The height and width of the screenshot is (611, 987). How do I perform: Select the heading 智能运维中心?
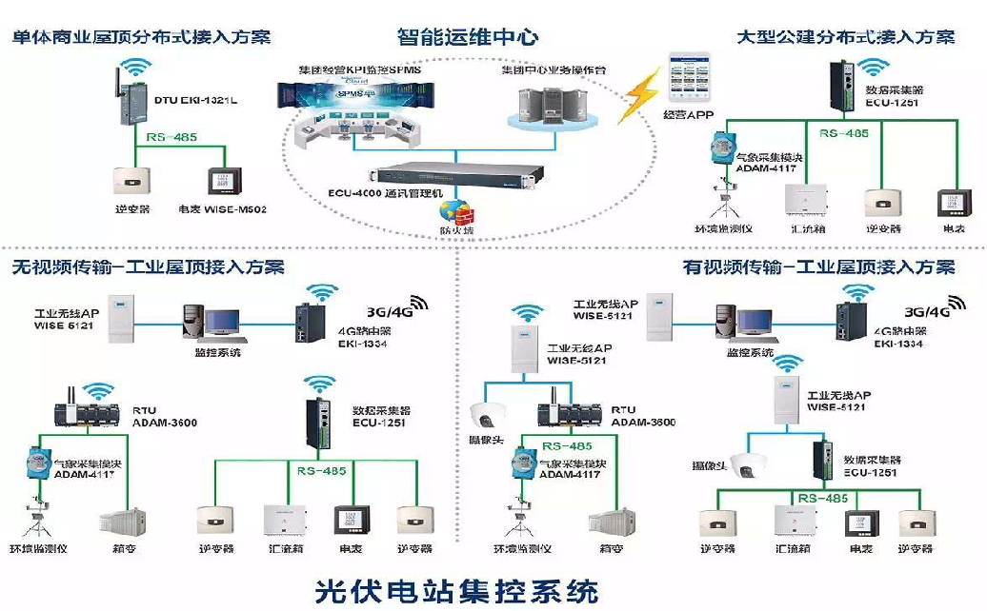tap(468, 37)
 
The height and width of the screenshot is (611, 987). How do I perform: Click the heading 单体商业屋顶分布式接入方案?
tap(141, 37)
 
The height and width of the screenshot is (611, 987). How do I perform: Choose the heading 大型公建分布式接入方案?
tap(846, 37)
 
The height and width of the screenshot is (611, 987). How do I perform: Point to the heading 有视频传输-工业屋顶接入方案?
tap(819, 267)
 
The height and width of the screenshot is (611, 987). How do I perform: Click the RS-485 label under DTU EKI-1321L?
tap(171, 137)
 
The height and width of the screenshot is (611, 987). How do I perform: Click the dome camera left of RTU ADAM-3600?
tap(490, 414)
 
